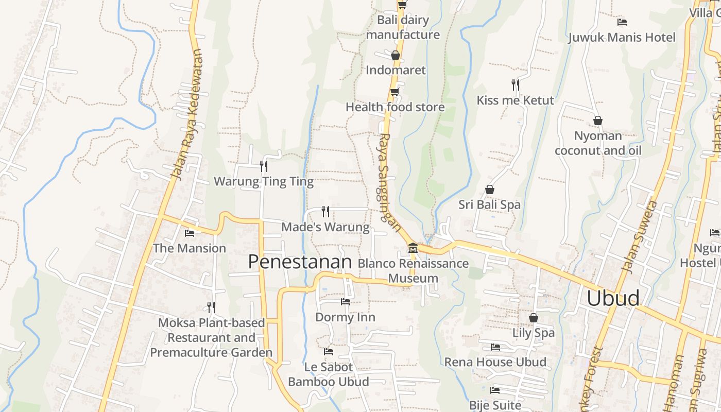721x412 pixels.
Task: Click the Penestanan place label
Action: point(300,262)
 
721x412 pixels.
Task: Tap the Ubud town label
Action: point(613,298)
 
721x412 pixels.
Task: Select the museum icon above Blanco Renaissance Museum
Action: point(413,249)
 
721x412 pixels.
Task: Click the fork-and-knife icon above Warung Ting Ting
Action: point(264,166)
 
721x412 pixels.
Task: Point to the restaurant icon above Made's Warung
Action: point(325,211)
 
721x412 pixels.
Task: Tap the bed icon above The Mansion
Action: point(190,233)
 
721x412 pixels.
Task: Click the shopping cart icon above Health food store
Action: point(394,92)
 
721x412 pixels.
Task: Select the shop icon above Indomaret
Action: point(396,55)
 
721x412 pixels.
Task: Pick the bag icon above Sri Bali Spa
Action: point(490,190)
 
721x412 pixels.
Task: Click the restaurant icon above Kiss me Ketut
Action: point(515,85)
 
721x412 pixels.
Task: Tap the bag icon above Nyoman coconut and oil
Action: point(598,121)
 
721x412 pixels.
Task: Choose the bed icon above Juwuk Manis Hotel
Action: point(622,22)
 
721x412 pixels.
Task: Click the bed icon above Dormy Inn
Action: point(346,302)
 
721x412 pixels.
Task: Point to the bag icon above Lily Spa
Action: point(534,318)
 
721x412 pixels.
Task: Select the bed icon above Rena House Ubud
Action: point(495,347)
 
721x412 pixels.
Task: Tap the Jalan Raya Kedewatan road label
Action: point(187,114)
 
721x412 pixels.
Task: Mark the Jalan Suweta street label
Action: point(640,236)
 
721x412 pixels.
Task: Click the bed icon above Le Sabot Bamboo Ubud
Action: point(329,352)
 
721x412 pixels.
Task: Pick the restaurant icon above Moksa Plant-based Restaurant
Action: point(211,307)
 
